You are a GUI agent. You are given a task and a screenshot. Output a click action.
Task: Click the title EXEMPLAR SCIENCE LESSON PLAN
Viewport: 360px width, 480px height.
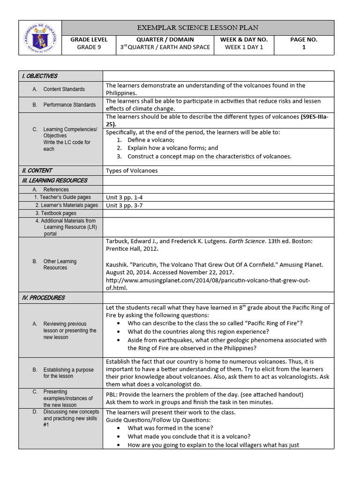pyautogui.click(x=197, y=28)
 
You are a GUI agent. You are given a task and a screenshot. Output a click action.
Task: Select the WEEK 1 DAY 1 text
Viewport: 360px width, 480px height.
pyautogui.click(x=244, y=47)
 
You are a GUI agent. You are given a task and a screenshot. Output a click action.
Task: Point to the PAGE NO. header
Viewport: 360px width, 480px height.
pyautogui.click(x=303, y=40)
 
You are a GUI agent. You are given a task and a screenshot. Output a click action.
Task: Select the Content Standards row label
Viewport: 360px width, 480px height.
pyautogui.click(x=64, y=89)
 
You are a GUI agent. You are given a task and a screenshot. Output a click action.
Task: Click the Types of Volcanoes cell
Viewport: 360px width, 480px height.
pyautogui.click(x=132, y=171)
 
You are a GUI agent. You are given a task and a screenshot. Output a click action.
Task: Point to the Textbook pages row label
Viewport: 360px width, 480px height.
pyautogui.click(x=59, y=213)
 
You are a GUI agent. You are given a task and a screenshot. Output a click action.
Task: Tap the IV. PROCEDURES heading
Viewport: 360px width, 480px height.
pyautogui.click(x=43, y=298)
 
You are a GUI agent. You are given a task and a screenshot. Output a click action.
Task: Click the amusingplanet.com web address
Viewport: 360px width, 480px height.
pyautogui.click(x=208, y=280)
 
